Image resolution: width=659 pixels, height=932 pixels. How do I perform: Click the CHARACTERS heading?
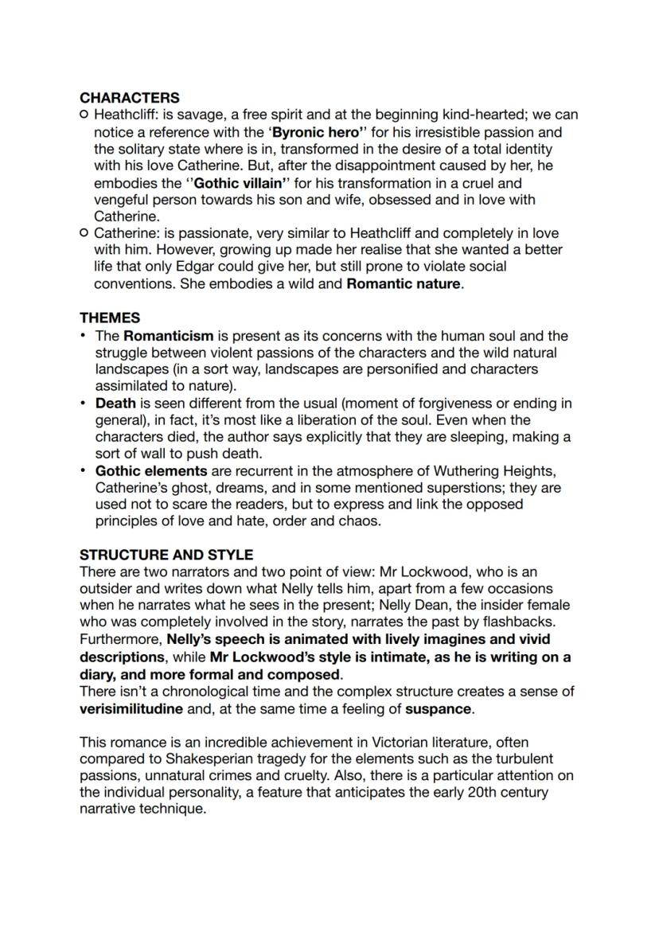(130, 98)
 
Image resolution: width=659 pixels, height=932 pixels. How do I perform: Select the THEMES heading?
(110, 318)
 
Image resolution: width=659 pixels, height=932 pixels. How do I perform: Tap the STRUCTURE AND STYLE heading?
(166, 555)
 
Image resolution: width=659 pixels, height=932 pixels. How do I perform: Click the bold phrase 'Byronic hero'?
(316, 132)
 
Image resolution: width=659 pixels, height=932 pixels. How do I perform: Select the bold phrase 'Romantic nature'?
(404, 284)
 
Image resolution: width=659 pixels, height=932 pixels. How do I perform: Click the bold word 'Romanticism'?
(168, 336)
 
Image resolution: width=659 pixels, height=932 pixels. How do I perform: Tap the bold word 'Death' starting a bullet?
(115, 404)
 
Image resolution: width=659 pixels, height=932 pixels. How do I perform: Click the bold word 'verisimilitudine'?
(131, 708)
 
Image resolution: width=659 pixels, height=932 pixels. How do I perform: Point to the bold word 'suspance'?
(439, 708)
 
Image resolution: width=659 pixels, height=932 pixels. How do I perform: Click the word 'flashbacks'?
(519, 622)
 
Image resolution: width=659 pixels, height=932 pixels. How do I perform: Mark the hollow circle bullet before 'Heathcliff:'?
(84, 115)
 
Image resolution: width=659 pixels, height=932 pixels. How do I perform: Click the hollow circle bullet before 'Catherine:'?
(84, 233)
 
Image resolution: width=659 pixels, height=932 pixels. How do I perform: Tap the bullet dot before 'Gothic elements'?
(84, 471)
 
